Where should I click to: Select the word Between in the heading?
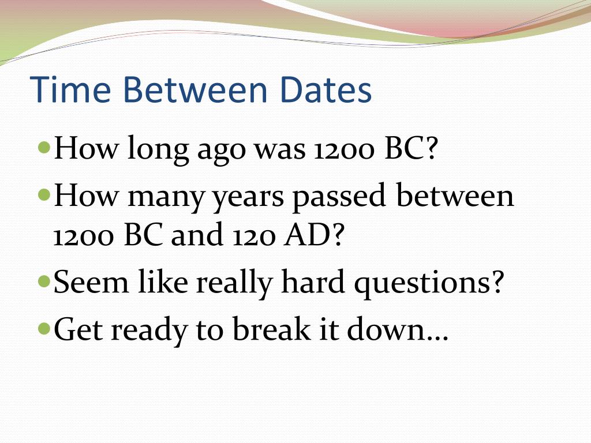click(x=203, y=91)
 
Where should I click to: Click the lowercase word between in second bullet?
click(x=455, y=197)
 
